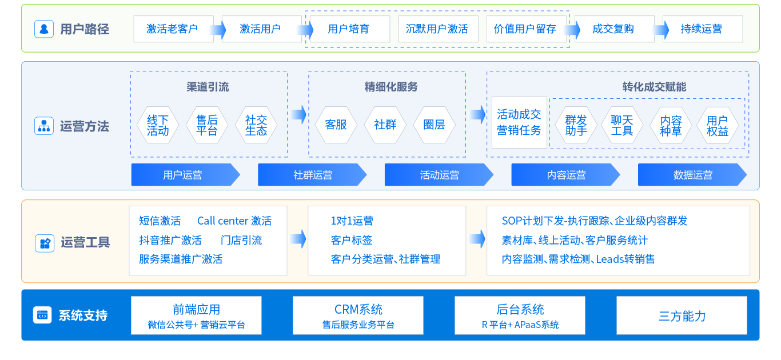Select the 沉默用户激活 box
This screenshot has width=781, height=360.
437,29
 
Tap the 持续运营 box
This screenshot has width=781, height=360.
702,29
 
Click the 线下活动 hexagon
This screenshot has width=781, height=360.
158,126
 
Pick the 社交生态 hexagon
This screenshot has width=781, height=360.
256,126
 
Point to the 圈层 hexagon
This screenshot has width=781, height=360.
434,125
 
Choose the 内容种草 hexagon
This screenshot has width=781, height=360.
671,126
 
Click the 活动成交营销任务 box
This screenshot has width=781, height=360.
519,122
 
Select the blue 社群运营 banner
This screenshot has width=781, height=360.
312,175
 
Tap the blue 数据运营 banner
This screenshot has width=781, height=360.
692,175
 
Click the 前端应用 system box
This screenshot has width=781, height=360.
196,315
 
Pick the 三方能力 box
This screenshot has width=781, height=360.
682,315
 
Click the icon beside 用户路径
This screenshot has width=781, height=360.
44,29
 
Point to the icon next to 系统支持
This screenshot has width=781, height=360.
42,315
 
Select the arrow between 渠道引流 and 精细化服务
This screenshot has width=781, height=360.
298,114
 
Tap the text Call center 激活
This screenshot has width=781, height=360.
234,221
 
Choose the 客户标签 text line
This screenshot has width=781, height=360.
352,240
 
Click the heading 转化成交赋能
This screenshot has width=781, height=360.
654,87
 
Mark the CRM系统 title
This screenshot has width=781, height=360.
358,310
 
